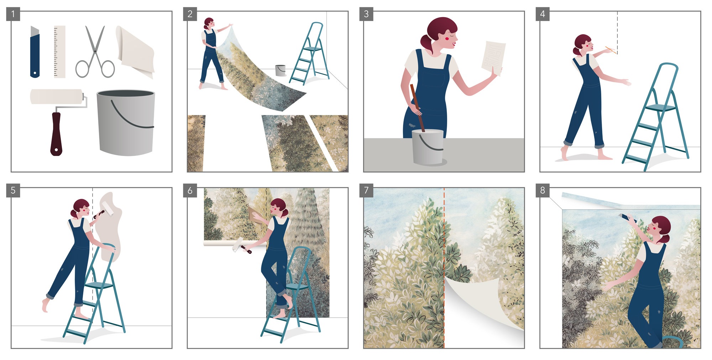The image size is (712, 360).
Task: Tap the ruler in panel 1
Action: (59, 52)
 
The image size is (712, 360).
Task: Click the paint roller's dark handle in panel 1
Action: (56, 134)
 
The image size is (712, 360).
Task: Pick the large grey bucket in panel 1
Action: (126, 123)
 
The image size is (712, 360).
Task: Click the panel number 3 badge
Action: (366, 14)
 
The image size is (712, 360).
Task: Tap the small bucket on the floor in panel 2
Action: (281, 70)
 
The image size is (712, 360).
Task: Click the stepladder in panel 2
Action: (309, 54)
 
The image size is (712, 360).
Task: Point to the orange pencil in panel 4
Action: (611, 50)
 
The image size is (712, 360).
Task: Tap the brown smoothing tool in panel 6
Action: (255, 215)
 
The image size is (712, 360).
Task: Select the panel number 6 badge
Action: (190, 190)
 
